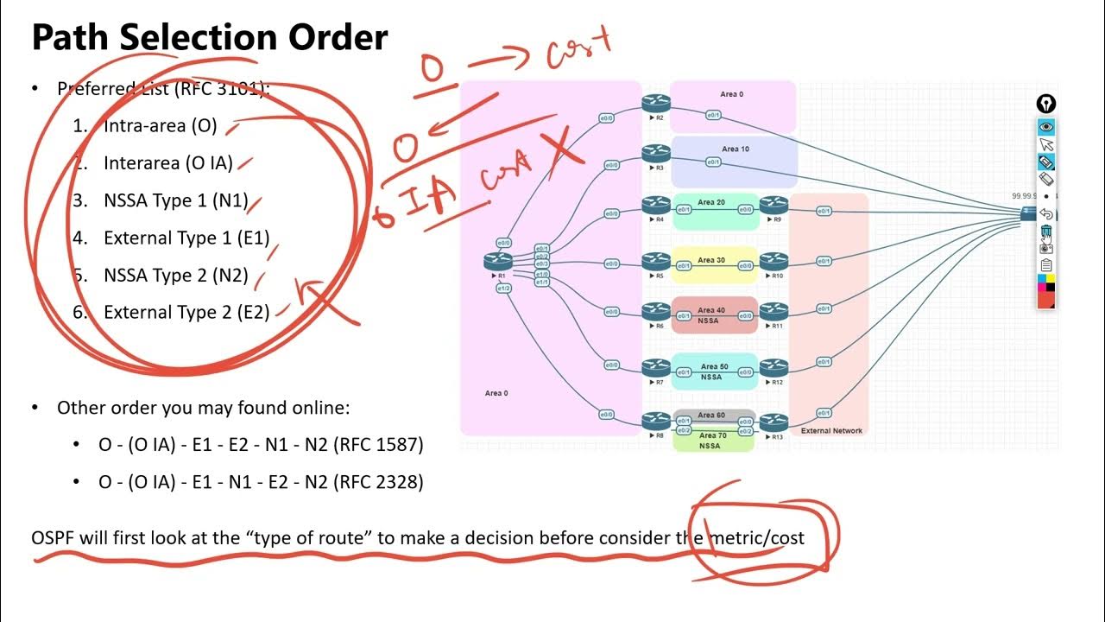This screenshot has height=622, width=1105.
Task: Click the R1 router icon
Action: click(x=499, y=260)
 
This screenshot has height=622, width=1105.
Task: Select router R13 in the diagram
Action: click(x=774, y=422)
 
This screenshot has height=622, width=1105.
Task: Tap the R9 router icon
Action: click(x=774, y=206)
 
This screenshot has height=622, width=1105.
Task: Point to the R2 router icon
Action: click(x=656, y=105)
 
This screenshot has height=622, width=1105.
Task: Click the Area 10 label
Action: click(x=736, y=149)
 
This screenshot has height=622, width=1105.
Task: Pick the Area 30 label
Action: click(x=711, y=260)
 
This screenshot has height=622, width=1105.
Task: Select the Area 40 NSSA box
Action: click(x=714, y=314)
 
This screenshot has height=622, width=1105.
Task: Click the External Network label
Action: click(x=831, y=430)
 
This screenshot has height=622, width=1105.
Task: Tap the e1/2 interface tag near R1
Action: click(x=503, y=289)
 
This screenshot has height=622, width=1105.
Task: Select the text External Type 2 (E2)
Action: click(x=186, y=313)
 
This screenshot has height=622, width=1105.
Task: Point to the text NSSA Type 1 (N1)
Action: click(x=176, y=200)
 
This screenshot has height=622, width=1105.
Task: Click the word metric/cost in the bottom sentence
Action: click(x=756, y=538)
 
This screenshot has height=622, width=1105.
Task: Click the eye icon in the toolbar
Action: click(x=1046, y=127)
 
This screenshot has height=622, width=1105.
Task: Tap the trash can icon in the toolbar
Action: click(x=1046, y=232)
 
